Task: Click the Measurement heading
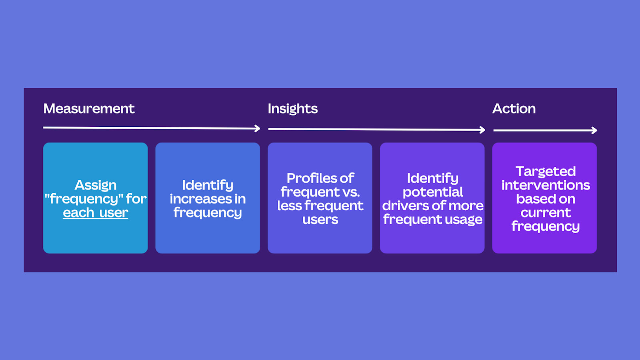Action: tap(89, 108)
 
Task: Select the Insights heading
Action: tap(292, 109)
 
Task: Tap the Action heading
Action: tap(514, 108)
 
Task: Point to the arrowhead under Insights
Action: tap(483, 130)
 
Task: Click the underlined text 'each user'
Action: tap(96, 213)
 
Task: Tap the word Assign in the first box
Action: tap(96, 186)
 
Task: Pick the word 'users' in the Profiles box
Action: tap(320, 220)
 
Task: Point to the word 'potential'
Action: tap(432, 192)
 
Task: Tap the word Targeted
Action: tap(546, 172)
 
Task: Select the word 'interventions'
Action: tap(546, 185)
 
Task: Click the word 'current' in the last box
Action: tap(546, 213)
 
